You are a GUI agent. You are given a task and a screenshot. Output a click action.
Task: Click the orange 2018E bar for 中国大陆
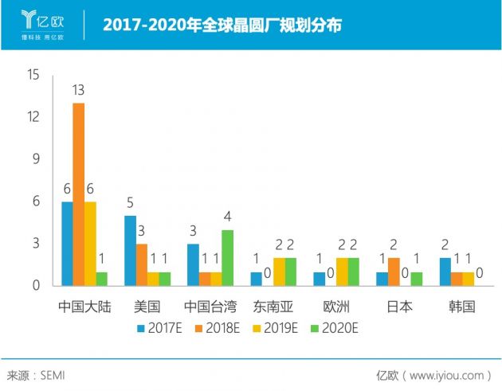pyautogui.click(x=79, y=194)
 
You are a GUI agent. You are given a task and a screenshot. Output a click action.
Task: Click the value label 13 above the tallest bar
pyautogui.click(x=78, y=91)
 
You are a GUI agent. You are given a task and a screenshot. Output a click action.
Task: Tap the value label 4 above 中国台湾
pyautogui.click(x=227, y=217)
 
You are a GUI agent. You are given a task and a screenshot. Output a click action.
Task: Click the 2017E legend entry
pyautogui.click(x=159, y=327)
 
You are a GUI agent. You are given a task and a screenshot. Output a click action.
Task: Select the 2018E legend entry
pyautogui.click(x=216, y=327)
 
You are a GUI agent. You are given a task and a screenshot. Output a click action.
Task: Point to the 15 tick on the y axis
pyautogui.click(x=33, y=75)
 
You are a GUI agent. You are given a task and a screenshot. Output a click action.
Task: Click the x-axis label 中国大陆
pyautogui.click(x=84, y=306)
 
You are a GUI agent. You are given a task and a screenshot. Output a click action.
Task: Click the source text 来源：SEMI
pyautogui.click(x=40, y=375)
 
